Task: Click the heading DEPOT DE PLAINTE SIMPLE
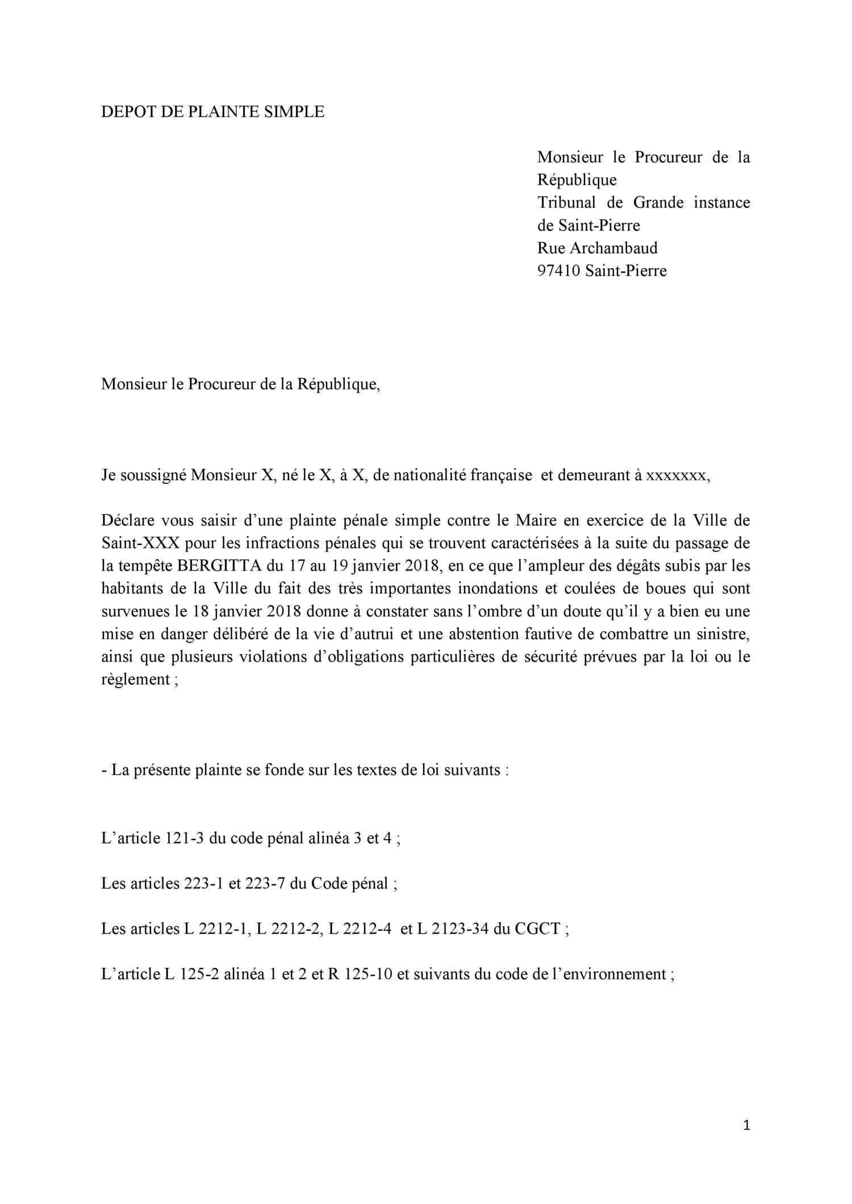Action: pyautogui.click(x=212, y=112)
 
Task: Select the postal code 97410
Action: pyautogui.click(x=558, y=271)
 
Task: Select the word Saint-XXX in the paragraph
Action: pyautogui.click(x=140, y=543)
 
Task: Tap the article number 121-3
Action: pyautogui.click(x=185, y=838)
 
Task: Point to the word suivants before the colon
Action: pyautogui.click(x=469, y=770)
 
